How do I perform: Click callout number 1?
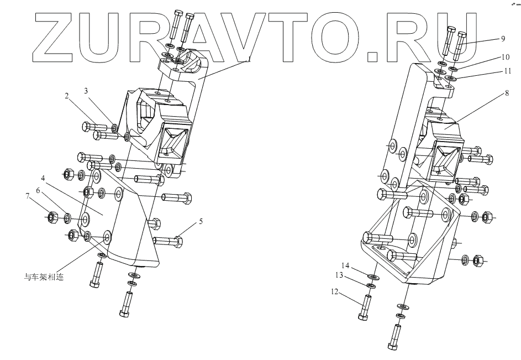click(249, 59)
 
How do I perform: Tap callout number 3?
click(86, 90)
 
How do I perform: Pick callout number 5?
click(201, 222)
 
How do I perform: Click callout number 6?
click(38, 190)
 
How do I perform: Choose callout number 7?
click(27, 195)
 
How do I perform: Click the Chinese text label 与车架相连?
click(44, 277)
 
